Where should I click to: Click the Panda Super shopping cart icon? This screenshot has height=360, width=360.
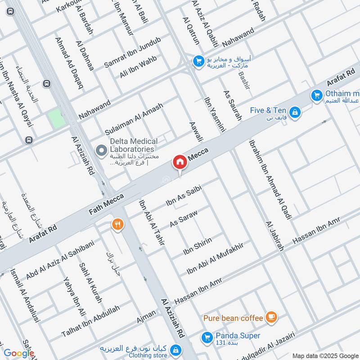point(207,336)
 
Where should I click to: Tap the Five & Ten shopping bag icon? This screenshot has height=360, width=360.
point(294,111)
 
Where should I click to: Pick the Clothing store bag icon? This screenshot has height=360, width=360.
point(175,350)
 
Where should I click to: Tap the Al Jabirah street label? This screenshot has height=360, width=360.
point(274,236)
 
